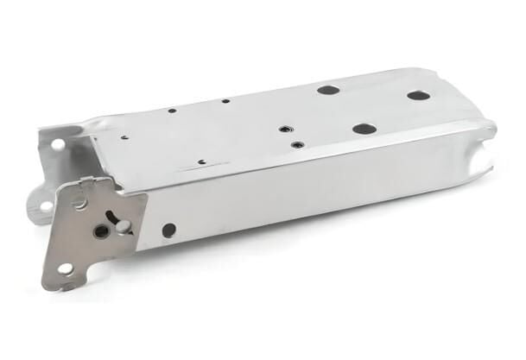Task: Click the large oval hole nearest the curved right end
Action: pos(418,95)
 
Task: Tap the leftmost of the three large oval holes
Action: pos(326,89)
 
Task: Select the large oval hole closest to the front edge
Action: pos(364,129)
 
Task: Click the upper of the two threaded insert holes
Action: pos(282,129)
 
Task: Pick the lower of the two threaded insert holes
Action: pos(296,144)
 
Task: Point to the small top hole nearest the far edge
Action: pos(225,101)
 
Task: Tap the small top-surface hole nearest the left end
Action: pos(124,136)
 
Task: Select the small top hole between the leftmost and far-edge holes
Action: pos(173,111)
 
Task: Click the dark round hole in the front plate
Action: pos(102,231)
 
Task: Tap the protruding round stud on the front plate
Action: pos(123,226)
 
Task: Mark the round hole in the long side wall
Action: pos(168,230)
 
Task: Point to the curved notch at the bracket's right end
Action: pos(486,156)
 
